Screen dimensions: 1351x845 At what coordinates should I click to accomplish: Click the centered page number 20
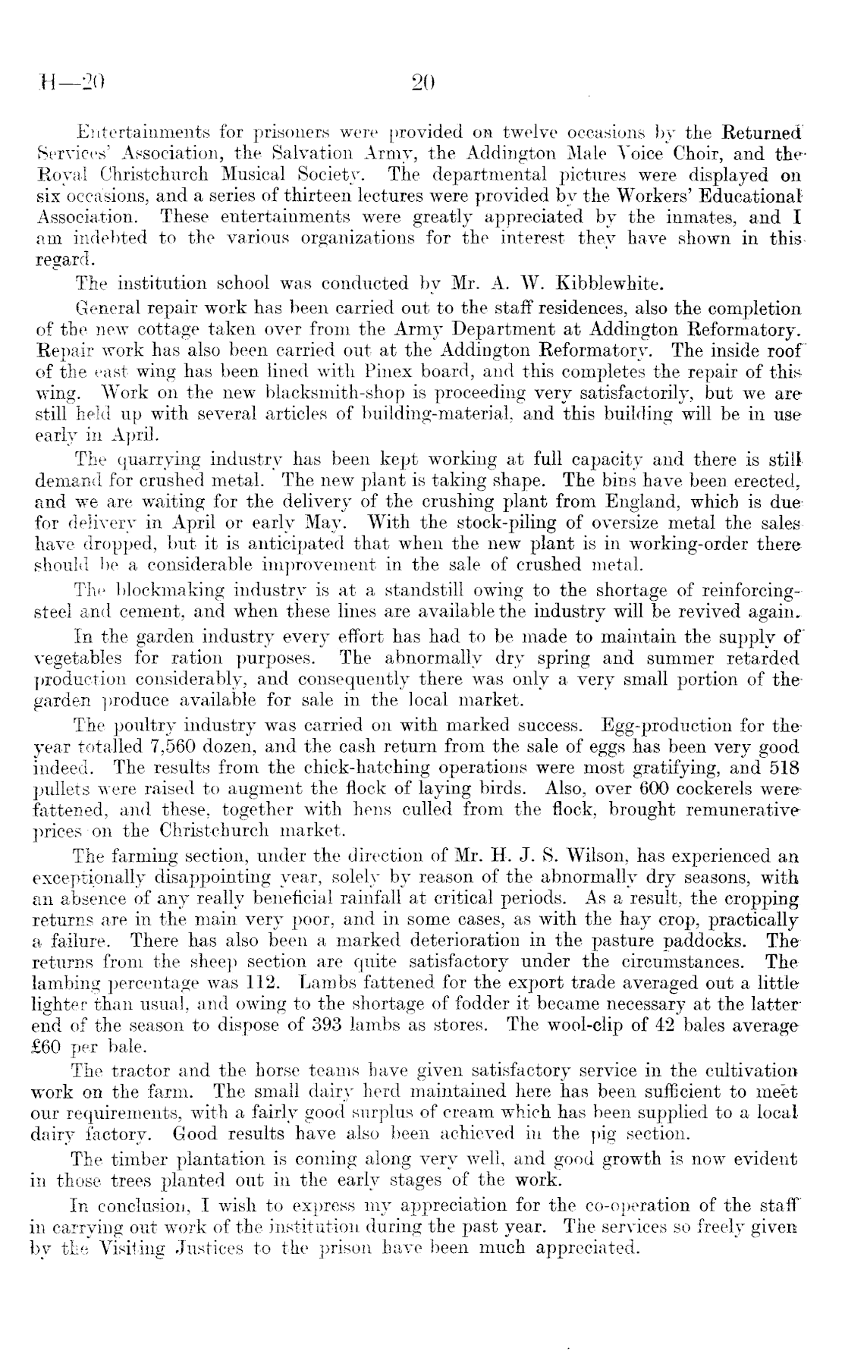[x=419, y=82]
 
